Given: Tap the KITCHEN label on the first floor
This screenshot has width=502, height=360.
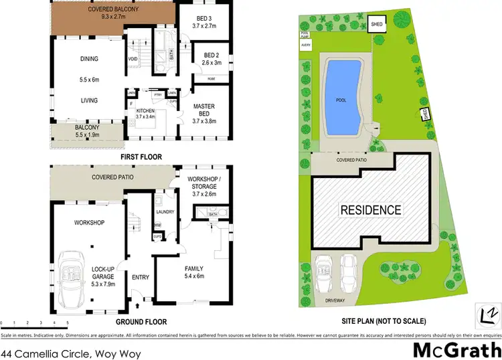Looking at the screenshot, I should (x=146, y=110).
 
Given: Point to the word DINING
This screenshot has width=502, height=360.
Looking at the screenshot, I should (x=89, y=59).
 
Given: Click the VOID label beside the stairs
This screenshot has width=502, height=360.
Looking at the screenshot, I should (x=133, y=59).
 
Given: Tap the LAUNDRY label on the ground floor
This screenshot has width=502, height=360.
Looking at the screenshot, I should (x=165, y=212).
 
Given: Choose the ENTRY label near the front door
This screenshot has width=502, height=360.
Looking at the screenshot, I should (x=141, y=277).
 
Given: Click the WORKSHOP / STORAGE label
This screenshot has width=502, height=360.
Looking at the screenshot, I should (x=204, y=183).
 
